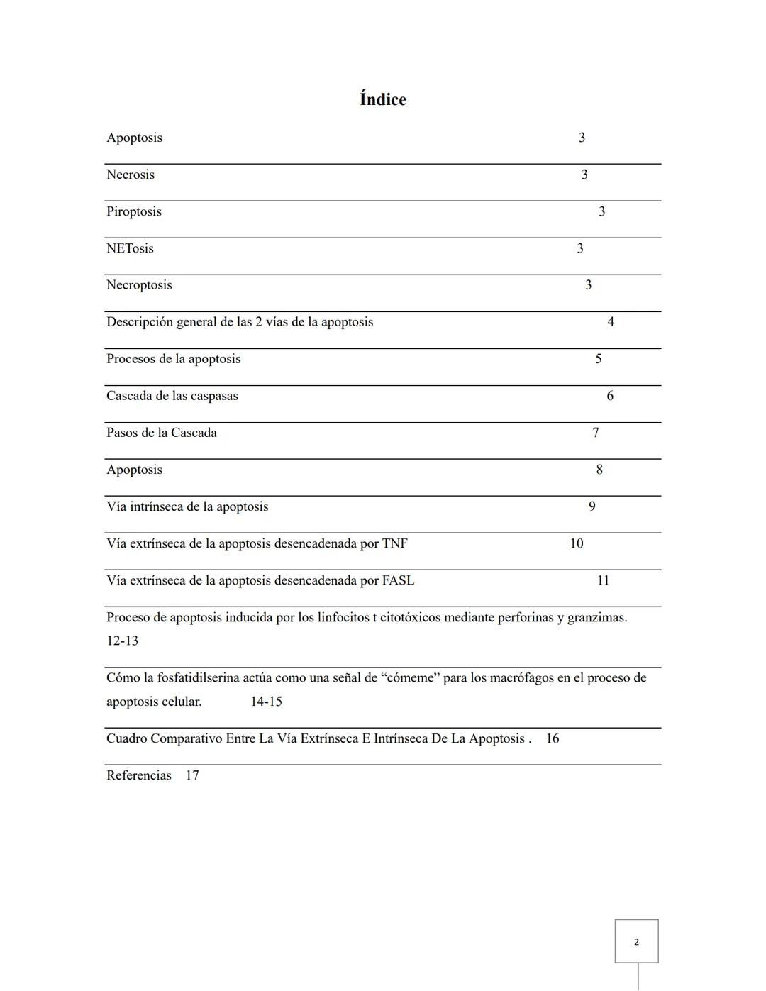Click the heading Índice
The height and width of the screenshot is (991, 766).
coord(382,99)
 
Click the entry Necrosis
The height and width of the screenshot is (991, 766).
coord(131,175)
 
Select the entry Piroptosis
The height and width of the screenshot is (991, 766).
coord(134,211)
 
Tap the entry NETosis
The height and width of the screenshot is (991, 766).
coord(130,248)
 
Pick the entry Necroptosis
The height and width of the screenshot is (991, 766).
coord(139,285)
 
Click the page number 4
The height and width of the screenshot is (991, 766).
coord(611,322)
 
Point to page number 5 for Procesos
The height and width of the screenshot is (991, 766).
coord(599,359)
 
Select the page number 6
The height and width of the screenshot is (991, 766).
coord(610,396)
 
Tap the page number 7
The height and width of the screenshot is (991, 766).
coord(596,433)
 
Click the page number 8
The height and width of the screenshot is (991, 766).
coord(599,470)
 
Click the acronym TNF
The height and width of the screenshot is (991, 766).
coord(395,543)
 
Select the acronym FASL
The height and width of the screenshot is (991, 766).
coord(398,580)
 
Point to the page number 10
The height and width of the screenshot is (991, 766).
coord(577,543)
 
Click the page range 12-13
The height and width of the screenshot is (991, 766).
coord(122,641)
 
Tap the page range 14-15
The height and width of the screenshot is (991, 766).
coord(266,702)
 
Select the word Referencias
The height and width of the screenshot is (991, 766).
coord(139,775)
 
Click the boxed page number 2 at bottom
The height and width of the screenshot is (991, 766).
coord(636,942)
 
